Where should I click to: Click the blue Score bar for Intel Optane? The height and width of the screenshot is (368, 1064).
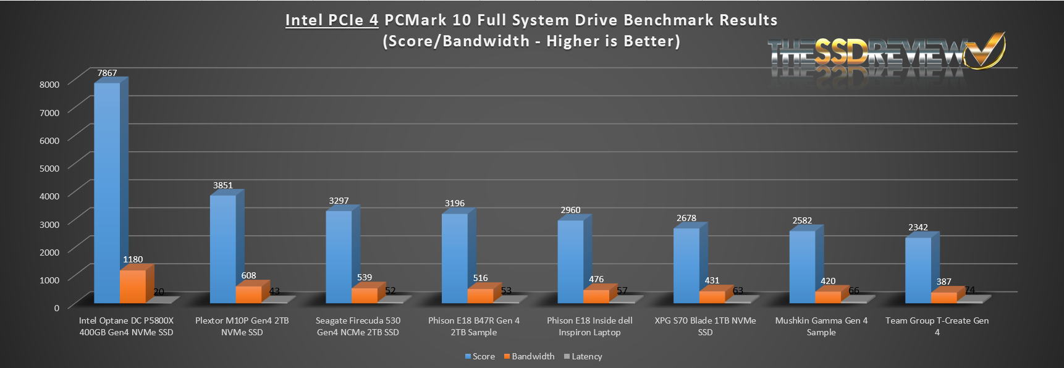pyautogui.click(x=107, y=191)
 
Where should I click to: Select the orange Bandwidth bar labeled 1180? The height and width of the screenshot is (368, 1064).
pyautogui.click(x=132, y=286)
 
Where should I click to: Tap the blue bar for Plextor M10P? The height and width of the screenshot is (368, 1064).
pyautogui.click(x=222, y=249)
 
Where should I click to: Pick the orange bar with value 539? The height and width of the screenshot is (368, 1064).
pyautogui.click(x=364, y=295)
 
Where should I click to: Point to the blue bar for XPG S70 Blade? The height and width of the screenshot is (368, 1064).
pyautogui.click(x=686, y=266)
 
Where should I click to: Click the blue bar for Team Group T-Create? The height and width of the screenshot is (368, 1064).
pyautogui.click(x=918, y=270)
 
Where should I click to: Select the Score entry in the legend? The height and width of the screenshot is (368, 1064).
pyautogui.click(x=480, y=356)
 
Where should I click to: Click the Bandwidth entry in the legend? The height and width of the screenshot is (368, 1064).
pyautogui.click(x=530, y=356)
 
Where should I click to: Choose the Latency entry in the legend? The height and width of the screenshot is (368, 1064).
pyautogui.click(x=583, y=356)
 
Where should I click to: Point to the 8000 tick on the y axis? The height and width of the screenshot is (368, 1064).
pyautogui.click(x=49, y=84)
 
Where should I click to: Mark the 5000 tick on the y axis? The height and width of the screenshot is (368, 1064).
pyautogui.click(x=49, y=168)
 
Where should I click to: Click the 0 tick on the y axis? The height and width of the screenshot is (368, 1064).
pyautogui.click(x=56, y=307)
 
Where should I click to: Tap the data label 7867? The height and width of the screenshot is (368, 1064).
pyautogui.click(x=107, y=73)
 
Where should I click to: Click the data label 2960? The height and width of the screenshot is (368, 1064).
pyautogui.click(x=570, y=210)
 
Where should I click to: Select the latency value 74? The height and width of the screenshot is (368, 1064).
pyautogui.click(x=969, y=290)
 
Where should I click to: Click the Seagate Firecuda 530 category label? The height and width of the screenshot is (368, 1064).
pyautogui.click(x=358, y=326)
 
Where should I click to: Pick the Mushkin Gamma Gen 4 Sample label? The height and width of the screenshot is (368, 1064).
pyautogui.click(x=821, y=326)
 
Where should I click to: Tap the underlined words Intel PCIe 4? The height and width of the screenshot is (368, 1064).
pyautogui.click(x=331, y=20)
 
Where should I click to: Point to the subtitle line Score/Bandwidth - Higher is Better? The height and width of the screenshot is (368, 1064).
pyautogui.click(x=531, y=41)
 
